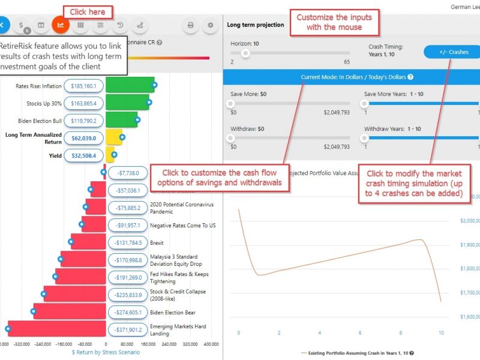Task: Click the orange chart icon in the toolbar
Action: point(61,25)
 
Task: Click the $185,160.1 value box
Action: point(84,86)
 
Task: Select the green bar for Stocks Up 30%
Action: point(127,103)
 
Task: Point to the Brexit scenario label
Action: point(157,243)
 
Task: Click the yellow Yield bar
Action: point(110,155)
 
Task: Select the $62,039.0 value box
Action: point(84,137)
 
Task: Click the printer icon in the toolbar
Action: point(191,25)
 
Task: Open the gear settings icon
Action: point(210,25)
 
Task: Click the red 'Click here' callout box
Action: point(88,12)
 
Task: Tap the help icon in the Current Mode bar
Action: point(410,77)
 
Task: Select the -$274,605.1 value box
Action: point(127,312)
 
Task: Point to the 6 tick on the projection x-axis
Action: point(360,332)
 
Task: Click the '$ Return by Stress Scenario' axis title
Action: point(106,352)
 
